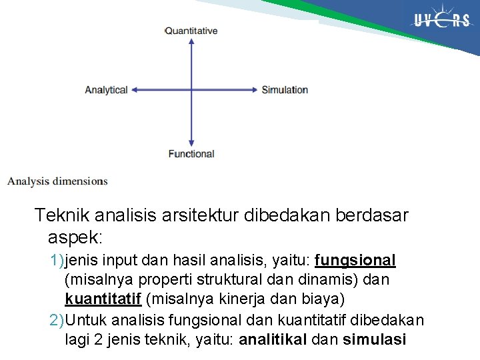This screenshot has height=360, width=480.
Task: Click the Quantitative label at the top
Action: pos(191,31)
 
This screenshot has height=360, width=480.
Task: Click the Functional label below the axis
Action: pos(191,154)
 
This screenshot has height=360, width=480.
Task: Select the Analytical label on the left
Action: pos(106,90)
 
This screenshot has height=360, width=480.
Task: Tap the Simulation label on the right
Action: pos(285,90)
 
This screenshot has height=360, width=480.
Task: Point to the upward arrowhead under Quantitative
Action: pos(191,42)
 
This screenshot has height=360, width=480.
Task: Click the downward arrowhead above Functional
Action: pos(191,142)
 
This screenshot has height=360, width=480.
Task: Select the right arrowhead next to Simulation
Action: pos(253,90)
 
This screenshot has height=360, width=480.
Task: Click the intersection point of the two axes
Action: pos(191,90)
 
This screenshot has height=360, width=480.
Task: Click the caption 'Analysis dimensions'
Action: pos(57,181)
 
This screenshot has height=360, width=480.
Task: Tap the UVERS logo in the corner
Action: pos(441,21)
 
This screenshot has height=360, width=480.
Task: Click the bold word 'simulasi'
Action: pos(374,340)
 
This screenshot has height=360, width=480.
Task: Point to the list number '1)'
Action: pos(57,260)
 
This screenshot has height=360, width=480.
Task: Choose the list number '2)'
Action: pos(57,320)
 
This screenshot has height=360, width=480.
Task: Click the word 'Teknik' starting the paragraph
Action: pos(62,216)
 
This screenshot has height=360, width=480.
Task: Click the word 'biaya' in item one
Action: pos(326,300)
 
